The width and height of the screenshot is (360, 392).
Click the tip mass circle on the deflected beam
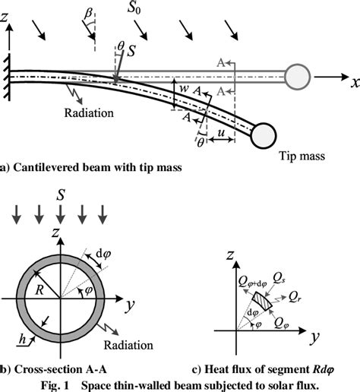266,134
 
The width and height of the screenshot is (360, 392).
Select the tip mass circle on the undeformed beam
297,76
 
